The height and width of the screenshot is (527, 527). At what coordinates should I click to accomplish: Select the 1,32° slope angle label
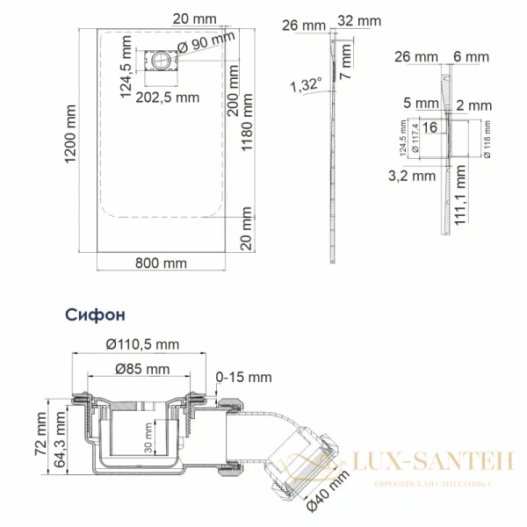pos(306,84)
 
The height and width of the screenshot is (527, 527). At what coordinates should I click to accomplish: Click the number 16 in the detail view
pos(430,127)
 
